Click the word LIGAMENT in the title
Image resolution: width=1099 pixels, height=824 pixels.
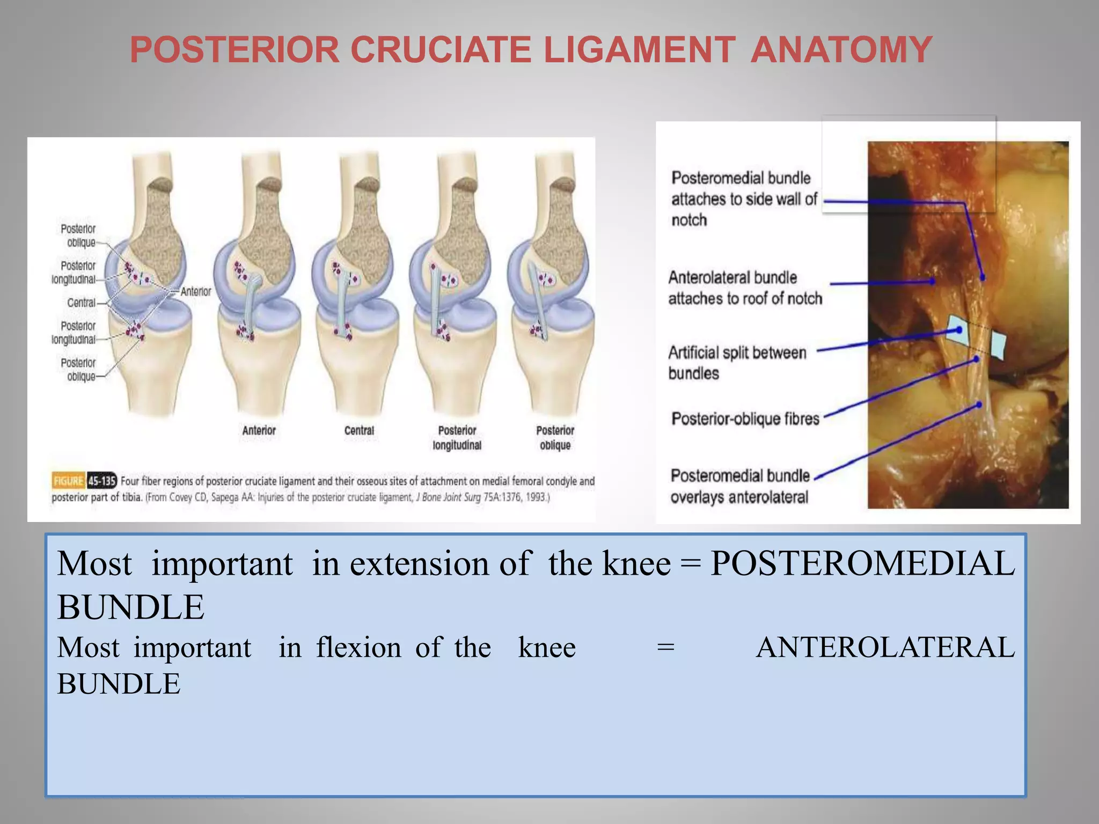click(639, 50)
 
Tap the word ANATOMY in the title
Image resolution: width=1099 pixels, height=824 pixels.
click(841, 50)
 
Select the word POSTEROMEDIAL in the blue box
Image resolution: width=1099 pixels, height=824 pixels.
click(862, 564)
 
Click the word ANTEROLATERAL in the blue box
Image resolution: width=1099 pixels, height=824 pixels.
click(885, 648)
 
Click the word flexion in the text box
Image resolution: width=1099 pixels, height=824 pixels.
click(358, 648)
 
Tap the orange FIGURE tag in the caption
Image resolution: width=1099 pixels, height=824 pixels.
click(68, 481)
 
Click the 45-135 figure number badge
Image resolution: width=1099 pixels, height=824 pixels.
click(102, 481)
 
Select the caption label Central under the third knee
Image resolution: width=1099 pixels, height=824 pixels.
click(359, 430)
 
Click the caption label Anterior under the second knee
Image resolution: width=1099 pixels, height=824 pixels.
click(259, 430)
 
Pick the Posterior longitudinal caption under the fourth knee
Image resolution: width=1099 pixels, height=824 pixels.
click(457, 438)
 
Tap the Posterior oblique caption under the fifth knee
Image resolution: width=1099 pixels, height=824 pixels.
click(555, 438)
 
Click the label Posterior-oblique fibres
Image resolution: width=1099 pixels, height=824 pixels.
click(745, 418)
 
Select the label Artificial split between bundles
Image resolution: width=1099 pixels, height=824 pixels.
click(737, 363)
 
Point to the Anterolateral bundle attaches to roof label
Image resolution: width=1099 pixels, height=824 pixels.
click(744, 288)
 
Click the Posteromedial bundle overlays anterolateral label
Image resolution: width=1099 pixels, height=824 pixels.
click(739, 486)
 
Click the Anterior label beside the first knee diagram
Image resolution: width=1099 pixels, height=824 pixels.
click(195, 291)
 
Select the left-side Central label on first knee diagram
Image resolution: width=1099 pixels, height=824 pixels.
click(81, 303)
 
